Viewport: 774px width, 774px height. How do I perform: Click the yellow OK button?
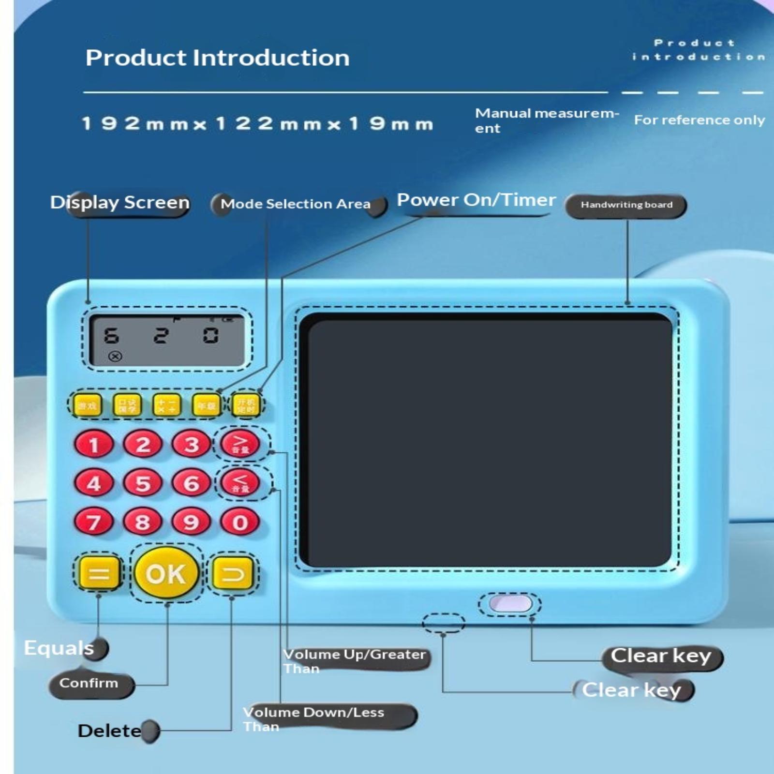point(166,574)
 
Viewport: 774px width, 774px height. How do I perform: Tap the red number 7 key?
point(94,522)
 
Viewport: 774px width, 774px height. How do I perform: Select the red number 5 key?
point(143,483)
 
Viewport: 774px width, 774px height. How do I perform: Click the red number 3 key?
point(192,444)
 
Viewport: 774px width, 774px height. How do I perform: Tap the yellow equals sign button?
point(99,574)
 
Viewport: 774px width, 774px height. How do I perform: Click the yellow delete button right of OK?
point(233,574)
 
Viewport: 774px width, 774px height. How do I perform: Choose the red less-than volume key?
point(240,482)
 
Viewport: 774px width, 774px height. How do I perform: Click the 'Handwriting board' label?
point(626,205)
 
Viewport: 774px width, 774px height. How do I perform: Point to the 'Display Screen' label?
point(120,202)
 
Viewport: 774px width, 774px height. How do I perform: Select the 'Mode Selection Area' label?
point(296,204)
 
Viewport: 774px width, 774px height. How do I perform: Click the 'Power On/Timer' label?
point(476,200)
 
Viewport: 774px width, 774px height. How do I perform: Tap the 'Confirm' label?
point(89,683)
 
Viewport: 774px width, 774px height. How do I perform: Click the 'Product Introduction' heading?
point(218,58)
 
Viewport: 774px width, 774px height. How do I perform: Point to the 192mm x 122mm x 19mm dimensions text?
point(257,124)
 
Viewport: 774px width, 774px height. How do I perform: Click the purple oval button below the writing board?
point(510,604)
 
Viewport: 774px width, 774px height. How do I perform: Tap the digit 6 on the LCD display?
point(112,336)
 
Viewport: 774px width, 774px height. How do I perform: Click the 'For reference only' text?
point(700,120)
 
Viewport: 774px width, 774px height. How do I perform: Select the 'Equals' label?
point(59,648)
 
